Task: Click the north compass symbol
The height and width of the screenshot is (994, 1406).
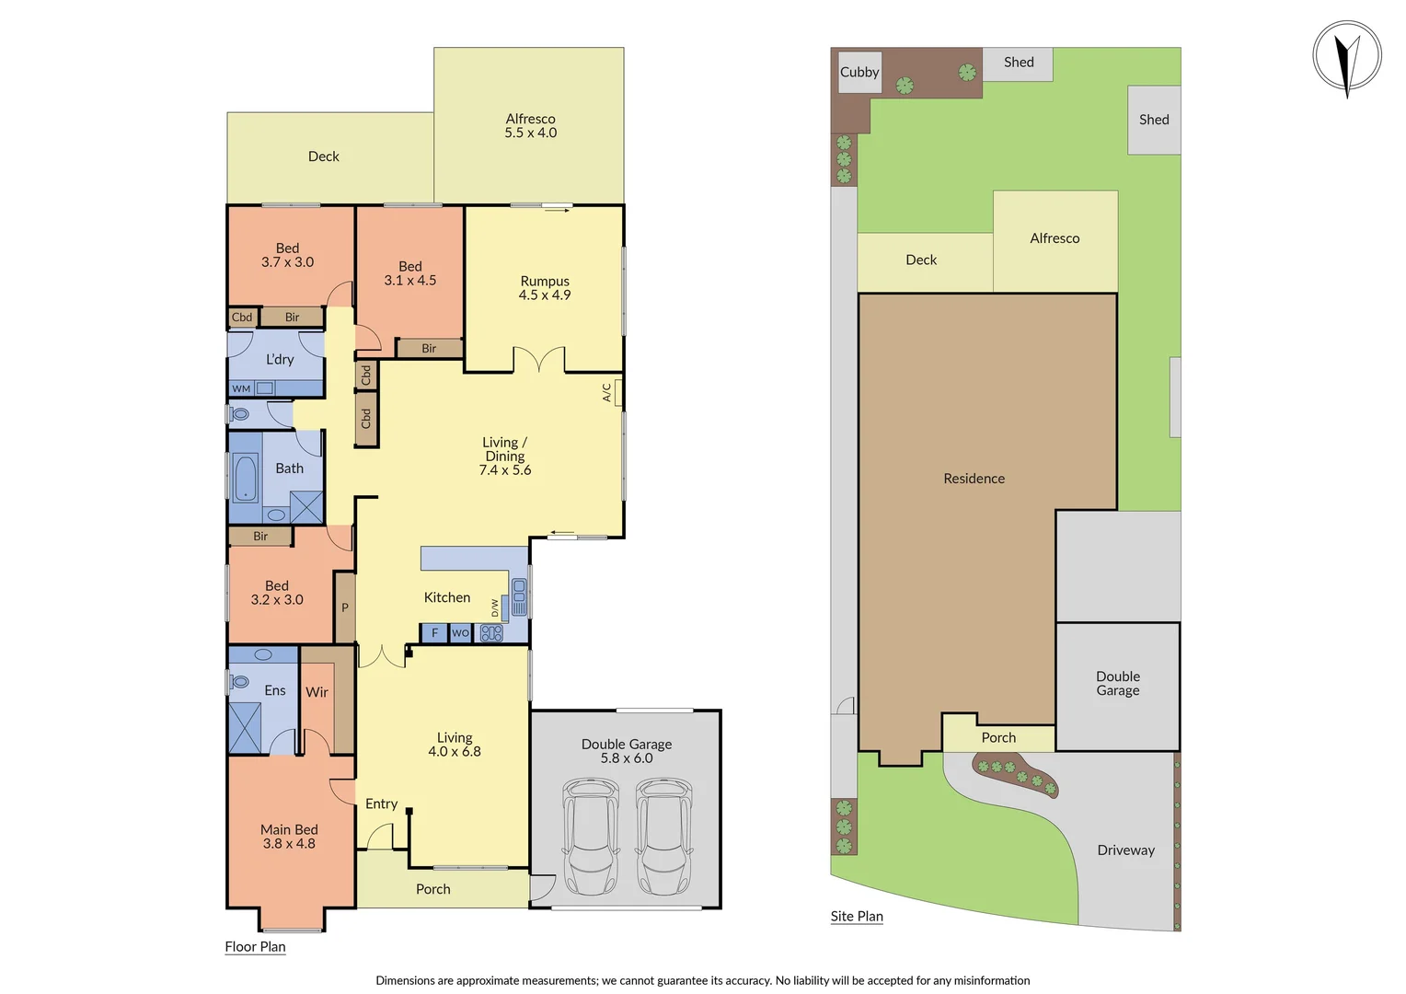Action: point(1347,57)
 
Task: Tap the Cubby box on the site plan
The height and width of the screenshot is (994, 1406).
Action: point(859,72)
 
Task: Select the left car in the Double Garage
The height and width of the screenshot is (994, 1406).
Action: point(591,836)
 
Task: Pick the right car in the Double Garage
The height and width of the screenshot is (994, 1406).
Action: point(664,836)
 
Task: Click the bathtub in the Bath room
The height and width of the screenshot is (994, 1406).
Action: point(246,478)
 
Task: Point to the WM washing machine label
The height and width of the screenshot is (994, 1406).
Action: point(241,388)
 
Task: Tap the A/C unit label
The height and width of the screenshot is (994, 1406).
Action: point(607,392)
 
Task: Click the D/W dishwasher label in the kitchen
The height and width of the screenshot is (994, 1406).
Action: point(495,608)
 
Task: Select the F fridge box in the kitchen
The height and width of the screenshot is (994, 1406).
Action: point(434,633)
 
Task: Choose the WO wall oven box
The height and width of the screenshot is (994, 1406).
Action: point(460,633)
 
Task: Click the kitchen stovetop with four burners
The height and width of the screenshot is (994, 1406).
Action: point(491,633)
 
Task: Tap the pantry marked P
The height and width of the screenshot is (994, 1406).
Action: point(345,607)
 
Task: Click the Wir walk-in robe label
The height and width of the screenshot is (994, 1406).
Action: point(317,692)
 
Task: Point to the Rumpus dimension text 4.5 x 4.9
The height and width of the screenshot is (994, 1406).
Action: point(545,295)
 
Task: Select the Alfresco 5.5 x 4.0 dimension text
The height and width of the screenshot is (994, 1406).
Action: point(531,133)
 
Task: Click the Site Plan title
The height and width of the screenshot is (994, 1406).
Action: point(857,916)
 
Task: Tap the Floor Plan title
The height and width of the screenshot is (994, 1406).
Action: point(255,946)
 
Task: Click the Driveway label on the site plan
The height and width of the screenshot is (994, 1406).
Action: point(1125,850)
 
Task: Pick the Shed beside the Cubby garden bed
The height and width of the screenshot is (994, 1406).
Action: point(1018,64)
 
